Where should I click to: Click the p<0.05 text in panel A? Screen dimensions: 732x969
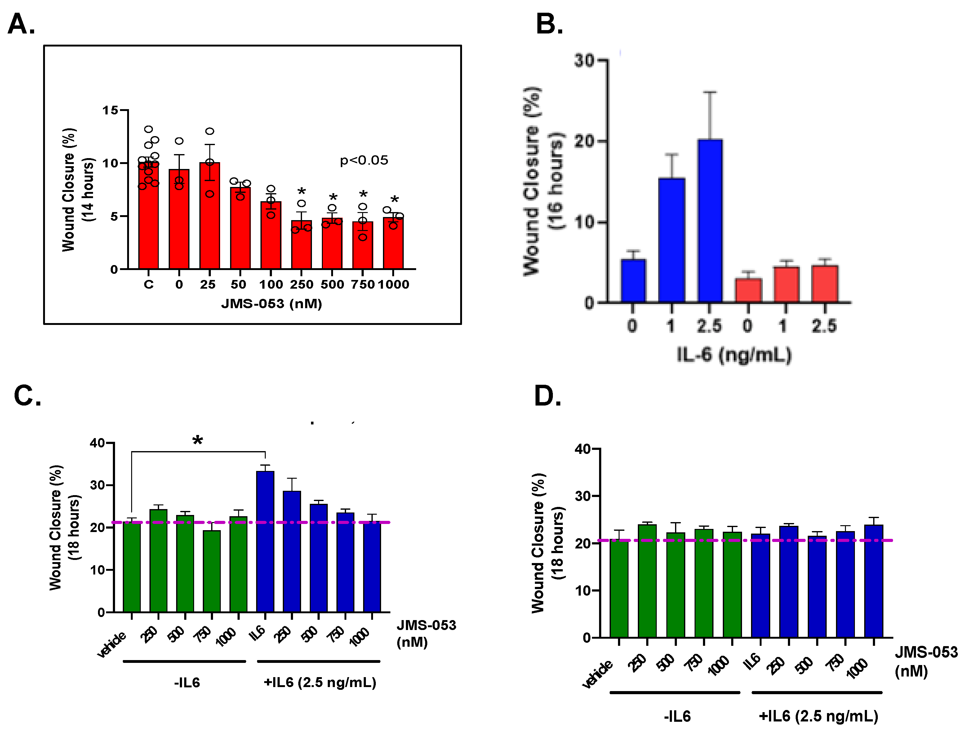tap(364, 160)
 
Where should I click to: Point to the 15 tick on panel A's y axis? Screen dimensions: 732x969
tap(110, 110)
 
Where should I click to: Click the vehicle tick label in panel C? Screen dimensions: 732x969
tap(112, 644)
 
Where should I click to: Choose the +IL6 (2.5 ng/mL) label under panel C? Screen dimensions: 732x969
tap(320, 682)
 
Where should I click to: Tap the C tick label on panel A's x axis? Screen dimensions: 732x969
tap(149, 284)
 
